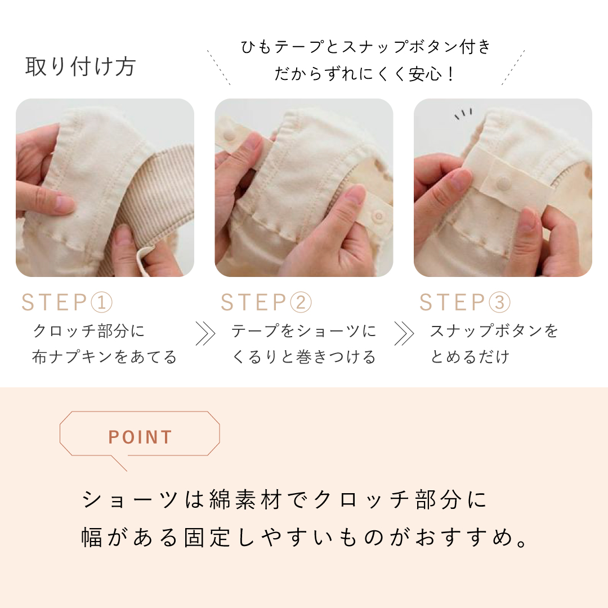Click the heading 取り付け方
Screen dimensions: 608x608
[81, 66]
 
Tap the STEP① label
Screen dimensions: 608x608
[66, 302]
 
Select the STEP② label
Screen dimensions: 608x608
[266, 302]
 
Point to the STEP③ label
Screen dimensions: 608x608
[465, 302]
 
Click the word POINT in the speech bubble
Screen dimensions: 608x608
[140, 437]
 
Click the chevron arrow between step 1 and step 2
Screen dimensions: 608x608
[205, 333]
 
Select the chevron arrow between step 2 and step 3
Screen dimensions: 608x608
[404, 333]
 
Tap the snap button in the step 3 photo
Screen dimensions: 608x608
[504, 181]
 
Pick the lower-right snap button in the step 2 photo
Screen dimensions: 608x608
[378, 215]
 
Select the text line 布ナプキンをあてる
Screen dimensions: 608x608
[104, 357]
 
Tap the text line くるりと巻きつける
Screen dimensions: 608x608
[303, 357]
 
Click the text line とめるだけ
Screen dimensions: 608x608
[470, 357]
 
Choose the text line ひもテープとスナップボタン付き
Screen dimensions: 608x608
[366, 47]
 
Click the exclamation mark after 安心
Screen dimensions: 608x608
[450, 74]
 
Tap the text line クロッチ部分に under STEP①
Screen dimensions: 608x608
[88, 331]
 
